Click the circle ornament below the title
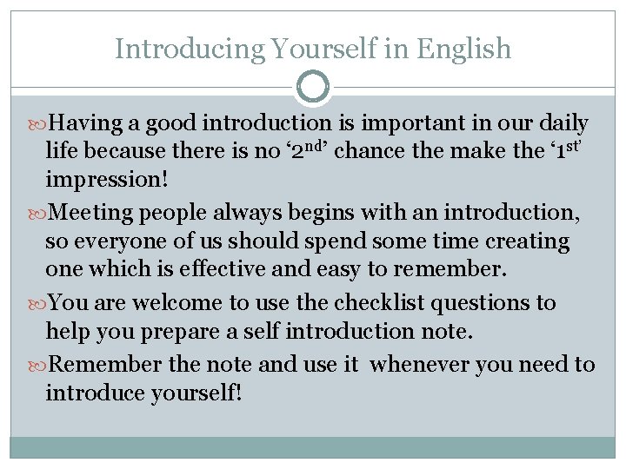tap(313, 88)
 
